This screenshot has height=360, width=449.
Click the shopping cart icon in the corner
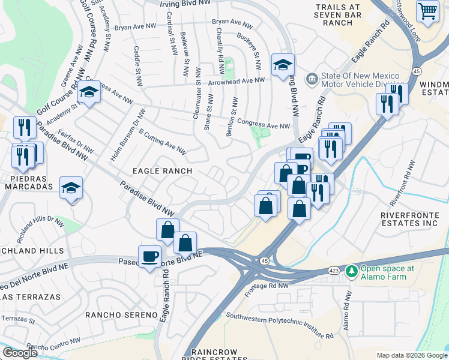pyautogui.click(x=427, y=10)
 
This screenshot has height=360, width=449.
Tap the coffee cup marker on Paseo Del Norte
pyautogui.click(x=149, y=257)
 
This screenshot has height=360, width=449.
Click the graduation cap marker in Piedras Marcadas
pyautogui.click(x=71, y=188)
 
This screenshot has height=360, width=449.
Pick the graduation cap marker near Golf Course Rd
pyautogui.click(x=89, y=92)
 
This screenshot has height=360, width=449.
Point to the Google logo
pyautogui.click(x=20, y=353)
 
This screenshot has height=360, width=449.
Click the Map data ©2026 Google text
pyautogui.click(x=412, y=355)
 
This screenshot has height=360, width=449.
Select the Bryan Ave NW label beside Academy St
pyautogui.click(x=132, y=27)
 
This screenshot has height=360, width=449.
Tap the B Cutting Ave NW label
pyautogui.click(x=162, y=140)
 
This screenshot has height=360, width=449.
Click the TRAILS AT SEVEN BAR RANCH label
pyautogui.click(x=334, y=14)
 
